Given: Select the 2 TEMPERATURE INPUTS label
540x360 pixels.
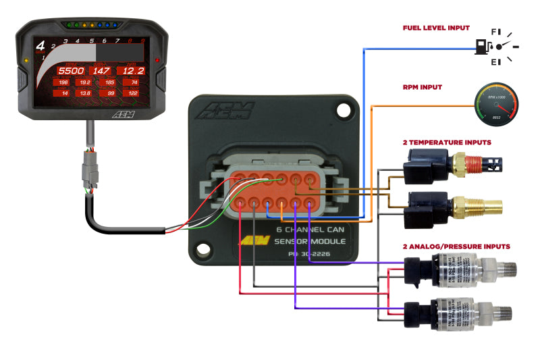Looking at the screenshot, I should (447, 143).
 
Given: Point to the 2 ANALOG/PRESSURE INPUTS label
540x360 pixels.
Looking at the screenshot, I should (456, 247).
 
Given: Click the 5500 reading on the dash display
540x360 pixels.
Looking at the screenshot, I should (70, 70).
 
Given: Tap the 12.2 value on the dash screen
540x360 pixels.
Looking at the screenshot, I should (131, 70).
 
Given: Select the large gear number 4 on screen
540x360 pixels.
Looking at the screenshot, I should (40, 47).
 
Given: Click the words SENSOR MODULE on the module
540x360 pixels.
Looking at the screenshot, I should (314, 241).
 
